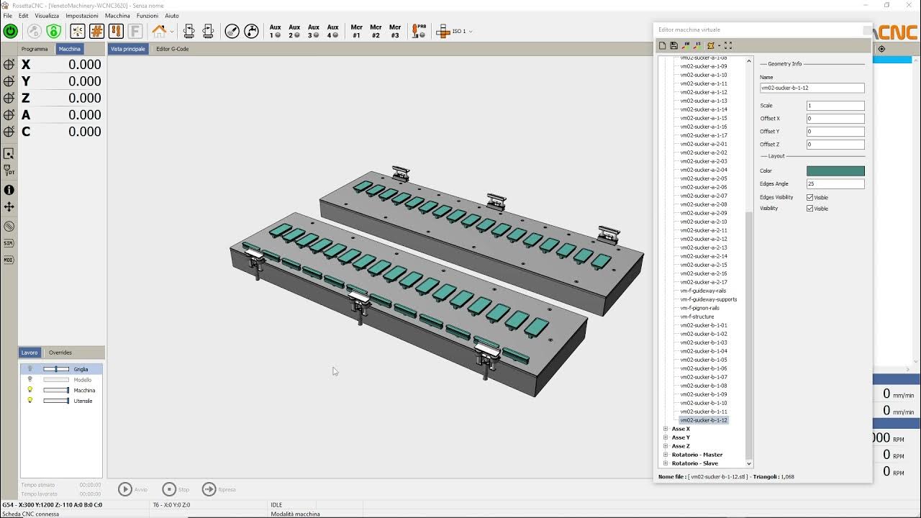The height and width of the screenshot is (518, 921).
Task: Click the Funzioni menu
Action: tap(147, 15)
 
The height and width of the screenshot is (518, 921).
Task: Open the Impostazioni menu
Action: tap(82, 15)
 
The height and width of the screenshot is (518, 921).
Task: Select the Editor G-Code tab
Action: tap(172, 49)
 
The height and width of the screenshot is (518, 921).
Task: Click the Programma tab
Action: tap(35, 49)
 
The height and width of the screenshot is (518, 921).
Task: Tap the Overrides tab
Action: tap(60, 353)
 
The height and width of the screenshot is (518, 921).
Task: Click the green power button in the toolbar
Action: tap(11, 31)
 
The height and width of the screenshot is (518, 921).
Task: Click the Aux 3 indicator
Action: tap(314, 31)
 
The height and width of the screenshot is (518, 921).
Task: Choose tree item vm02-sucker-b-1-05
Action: tap(704, 360)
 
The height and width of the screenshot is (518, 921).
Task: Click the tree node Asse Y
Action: tap(681, 437)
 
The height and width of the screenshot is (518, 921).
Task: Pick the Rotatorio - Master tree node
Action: tap(697, 455)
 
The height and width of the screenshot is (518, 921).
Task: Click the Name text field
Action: tap(812, 88)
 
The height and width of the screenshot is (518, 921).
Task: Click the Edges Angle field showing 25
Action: tap(835, 184)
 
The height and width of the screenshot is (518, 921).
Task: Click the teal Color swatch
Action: tap(835, 171)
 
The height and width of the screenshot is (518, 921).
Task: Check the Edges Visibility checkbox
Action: tap(810, 197)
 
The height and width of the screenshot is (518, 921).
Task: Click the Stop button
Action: tap(169, 489)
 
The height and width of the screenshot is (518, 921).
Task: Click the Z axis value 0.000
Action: tap(84, 98)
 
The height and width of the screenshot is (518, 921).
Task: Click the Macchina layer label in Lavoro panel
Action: tap(84, 391)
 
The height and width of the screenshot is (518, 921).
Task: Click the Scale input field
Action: tap(835, 106)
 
